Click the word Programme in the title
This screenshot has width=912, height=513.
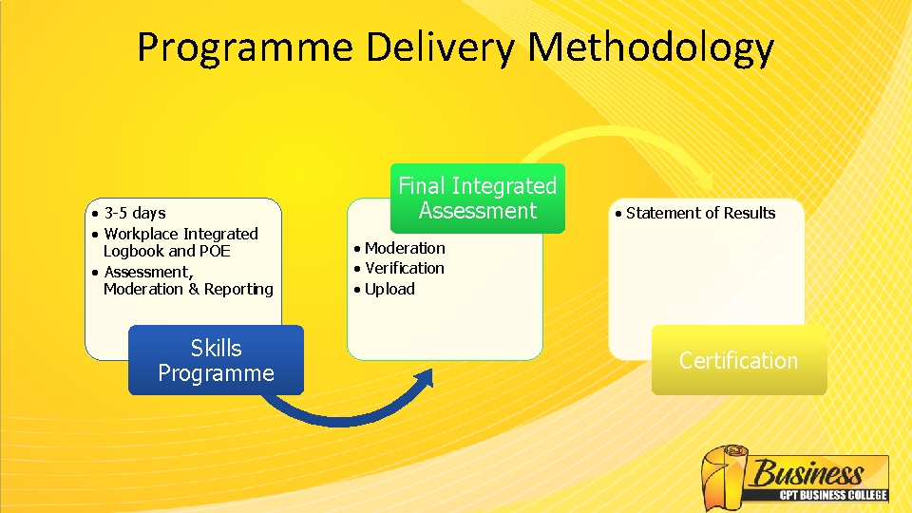click(243, 47)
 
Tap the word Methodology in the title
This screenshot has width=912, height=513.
click(652, 47)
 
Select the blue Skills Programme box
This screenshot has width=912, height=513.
click(216, 360)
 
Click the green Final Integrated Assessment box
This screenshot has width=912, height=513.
click(477, 199)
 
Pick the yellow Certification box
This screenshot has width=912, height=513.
click(738, 361)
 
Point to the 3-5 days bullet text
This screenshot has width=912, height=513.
click(135, 213)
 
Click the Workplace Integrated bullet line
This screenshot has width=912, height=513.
click(180, 234)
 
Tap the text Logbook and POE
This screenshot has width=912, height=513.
click(166, 252)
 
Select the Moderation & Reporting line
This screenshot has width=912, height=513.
click(188, 290)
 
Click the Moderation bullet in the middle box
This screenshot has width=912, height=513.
click(405, 248)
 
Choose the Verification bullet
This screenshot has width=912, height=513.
click(405, 269)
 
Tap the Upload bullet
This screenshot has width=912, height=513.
click(389, 290)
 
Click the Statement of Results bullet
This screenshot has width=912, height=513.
click(700, 213)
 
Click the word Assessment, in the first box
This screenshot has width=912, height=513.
click(148, 273)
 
